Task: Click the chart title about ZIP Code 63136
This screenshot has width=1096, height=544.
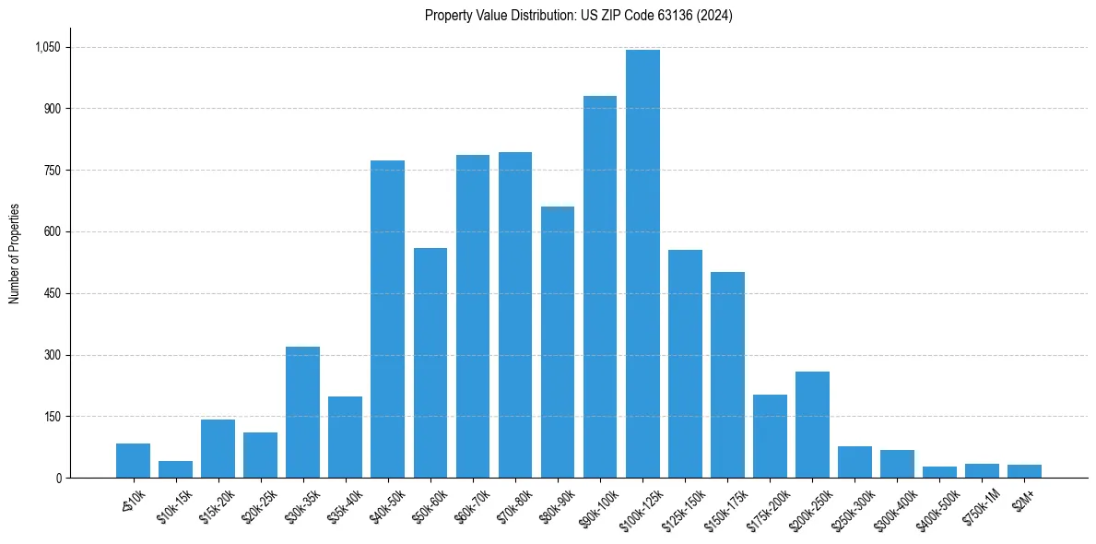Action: (578, 16)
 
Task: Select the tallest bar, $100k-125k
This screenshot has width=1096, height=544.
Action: (642, 264)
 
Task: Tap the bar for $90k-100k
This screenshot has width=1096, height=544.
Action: (600, 287)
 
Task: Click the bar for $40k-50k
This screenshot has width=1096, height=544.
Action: (387, 319)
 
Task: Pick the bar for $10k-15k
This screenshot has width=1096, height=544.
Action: (175, 469)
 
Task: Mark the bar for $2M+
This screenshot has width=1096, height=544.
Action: (1024, 471)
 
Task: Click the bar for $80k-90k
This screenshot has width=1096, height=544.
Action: (558, 342)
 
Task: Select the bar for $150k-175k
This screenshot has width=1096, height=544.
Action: (727, 375)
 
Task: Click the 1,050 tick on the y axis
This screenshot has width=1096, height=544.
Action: (46, 47)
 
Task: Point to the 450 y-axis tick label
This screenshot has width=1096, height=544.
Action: (51, 293)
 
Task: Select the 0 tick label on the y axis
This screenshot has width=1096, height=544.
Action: (58, 478)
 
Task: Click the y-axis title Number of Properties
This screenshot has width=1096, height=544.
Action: (14, 254)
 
